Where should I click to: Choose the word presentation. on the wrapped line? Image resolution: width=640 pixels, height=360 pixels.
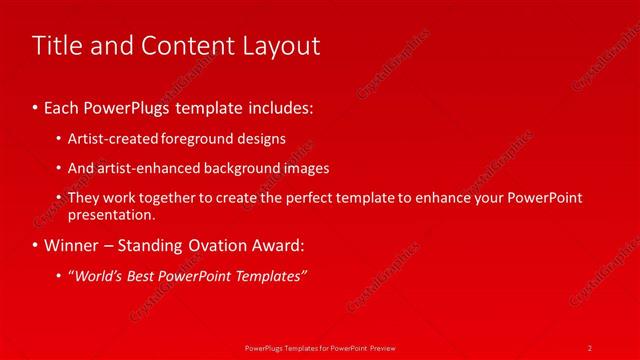111,214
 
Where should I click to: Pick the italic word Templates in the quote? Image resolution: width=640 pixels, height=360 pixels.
273,276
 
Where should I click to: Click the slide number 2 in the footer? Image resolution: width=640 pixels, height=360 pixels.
590,347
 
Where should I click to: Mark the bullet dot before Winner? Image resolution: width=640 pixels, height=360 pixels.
36,245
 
